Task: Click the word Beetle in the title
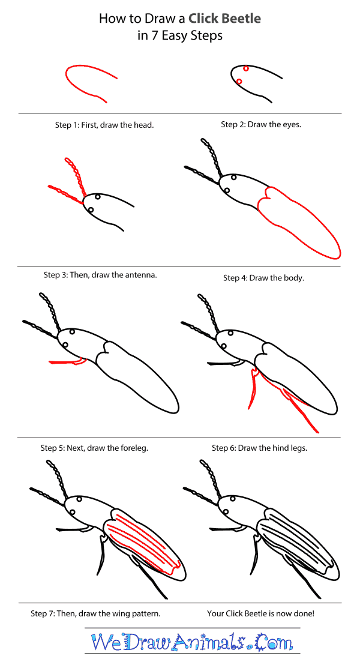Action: coord(241,19)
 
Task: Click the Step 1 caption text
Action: coord(104,125)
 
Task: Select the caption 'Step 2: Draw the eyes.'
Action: coord(261,125)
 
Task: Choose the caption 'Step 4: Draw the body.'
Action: coord(263,278)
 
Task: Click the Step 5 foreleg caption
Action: coord(94,448)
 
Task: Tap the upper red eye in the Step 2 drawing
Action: coord(245,69)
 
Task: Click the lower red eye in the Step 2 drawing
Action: coord(239,81)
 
